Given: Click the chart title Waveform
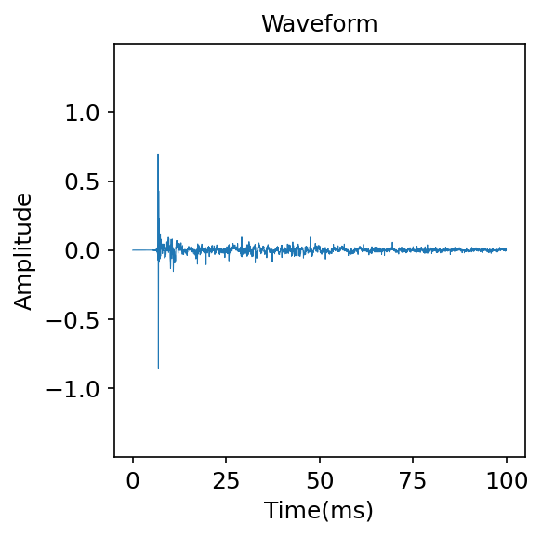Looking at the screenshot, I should (319, 24).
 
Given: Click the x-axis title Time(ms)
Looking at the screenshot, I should (319, 510).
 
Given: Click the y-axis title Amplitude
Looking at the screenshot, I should (23, 250).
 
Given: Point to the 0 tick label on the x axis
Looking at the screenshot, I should (133, 480).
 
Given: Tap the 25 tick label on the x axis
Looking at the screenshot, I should (226, 480).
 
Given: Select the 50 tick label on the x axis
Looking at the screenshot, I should (320, 480).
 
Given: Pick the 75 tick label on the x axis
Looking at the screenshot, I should (413, 480).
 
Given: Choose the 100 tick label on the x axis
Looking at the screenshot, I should (507, 480).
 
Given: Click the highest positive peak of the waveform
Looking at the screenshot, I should (158, 154).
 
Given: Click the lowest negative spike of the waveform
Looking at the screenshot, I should (158, 368).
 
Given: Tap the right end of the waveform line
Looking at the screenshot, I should (507, 249).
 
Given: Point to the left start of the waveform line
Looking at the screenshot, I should (133, 250).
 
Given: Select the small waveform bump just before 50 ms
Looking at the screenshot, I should (311, 237).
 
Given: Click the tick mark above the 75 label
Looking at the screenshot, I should (413, 460).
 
